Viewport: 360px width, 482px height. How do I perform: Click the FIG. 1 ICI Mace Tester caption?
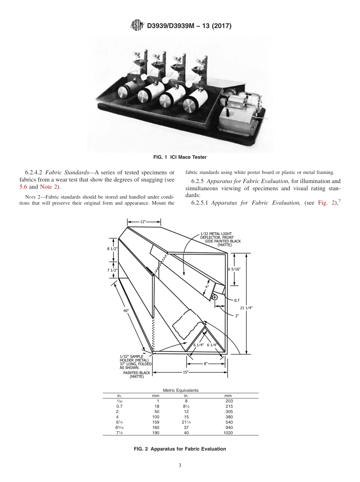point(180,156)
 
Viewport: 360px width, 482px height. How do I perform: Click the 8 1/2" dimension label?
point(112,249)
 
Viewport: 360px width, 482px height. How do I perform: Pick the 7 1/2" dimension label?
point(112,270)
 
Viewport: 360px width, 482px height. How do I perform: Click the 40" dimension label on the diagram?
point(126,310)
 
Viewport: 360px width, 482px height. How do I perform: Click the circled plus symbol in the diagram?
point(215,297)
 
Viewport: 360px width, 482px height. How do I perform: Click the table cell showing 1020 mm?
point(229,432)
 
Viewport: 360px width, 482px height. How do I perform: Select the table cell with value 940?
point(229,427)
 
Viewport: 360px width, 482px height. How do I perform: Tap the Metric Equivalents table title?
point(181,390)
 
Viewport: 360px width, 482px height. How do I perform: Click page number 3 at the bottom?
point(180,465)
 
